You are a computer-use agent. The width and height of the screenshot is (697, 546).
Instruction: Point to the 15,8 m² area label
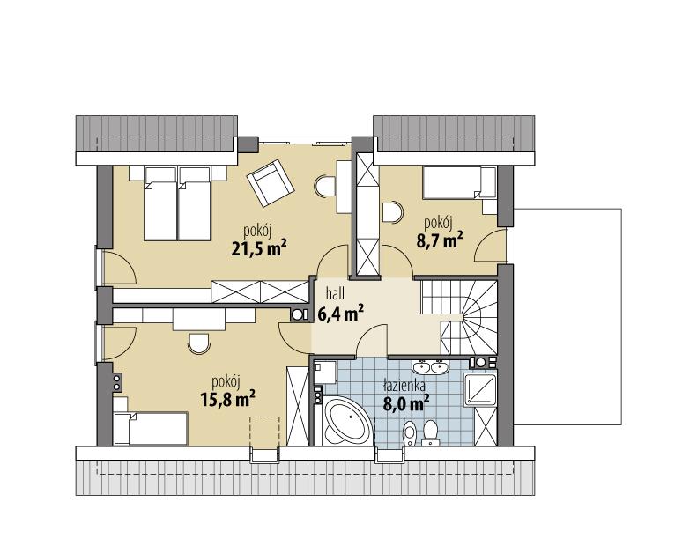[227, 397]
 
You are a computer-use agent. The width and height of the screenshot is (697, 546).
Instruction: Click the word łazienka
[404, 386]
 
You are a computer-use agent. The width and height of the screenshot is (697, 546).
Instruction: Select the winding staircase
[467, 313]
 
